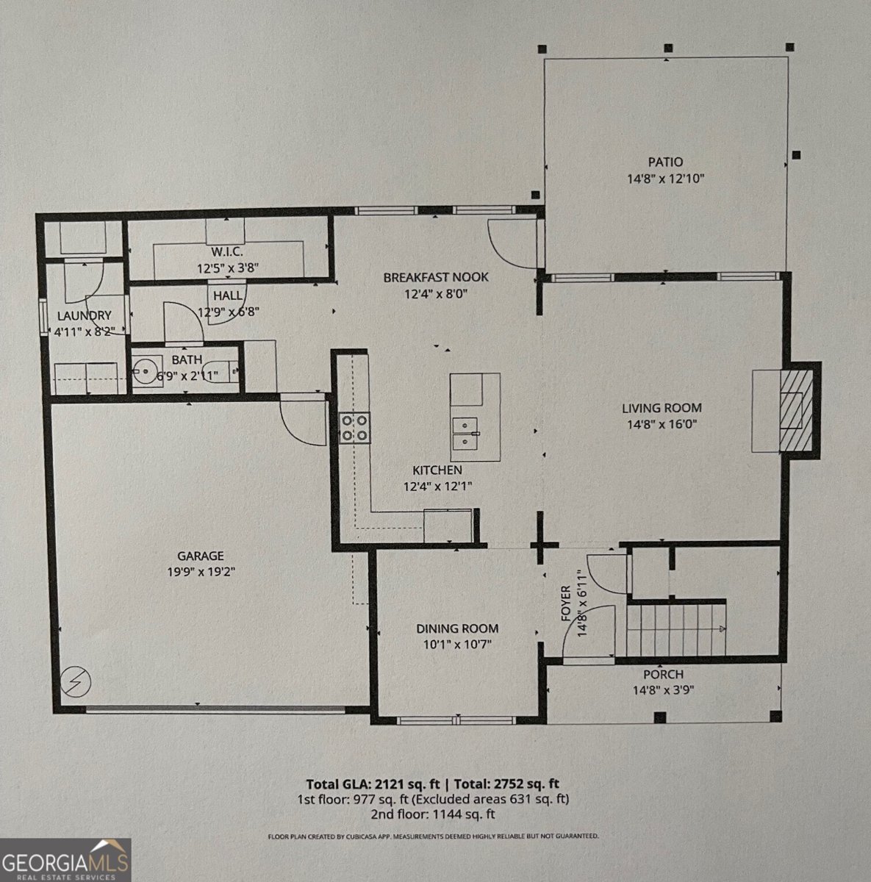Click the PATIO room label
[x=665, y=162]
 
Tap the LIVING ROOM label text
[x=662, y=408]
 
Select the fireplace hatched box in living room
[x=795, y=410]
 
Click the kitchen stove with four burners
[x=354, y=427]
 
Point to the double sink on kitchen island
[x=466, y=434]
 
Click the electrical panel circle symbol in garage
[x=76, y=682]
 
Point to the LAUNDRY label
[x=84, y=315]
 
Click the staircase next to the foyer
[x=676, y=629]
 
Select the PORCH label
[x=663, y=675]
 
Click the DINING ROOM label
[x=457, y=628]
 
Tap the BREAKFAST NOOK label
[x=435, y=277]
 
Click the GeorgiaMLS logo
[x=65, y=860]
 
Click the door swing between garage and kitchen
[x=303, y=419]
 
